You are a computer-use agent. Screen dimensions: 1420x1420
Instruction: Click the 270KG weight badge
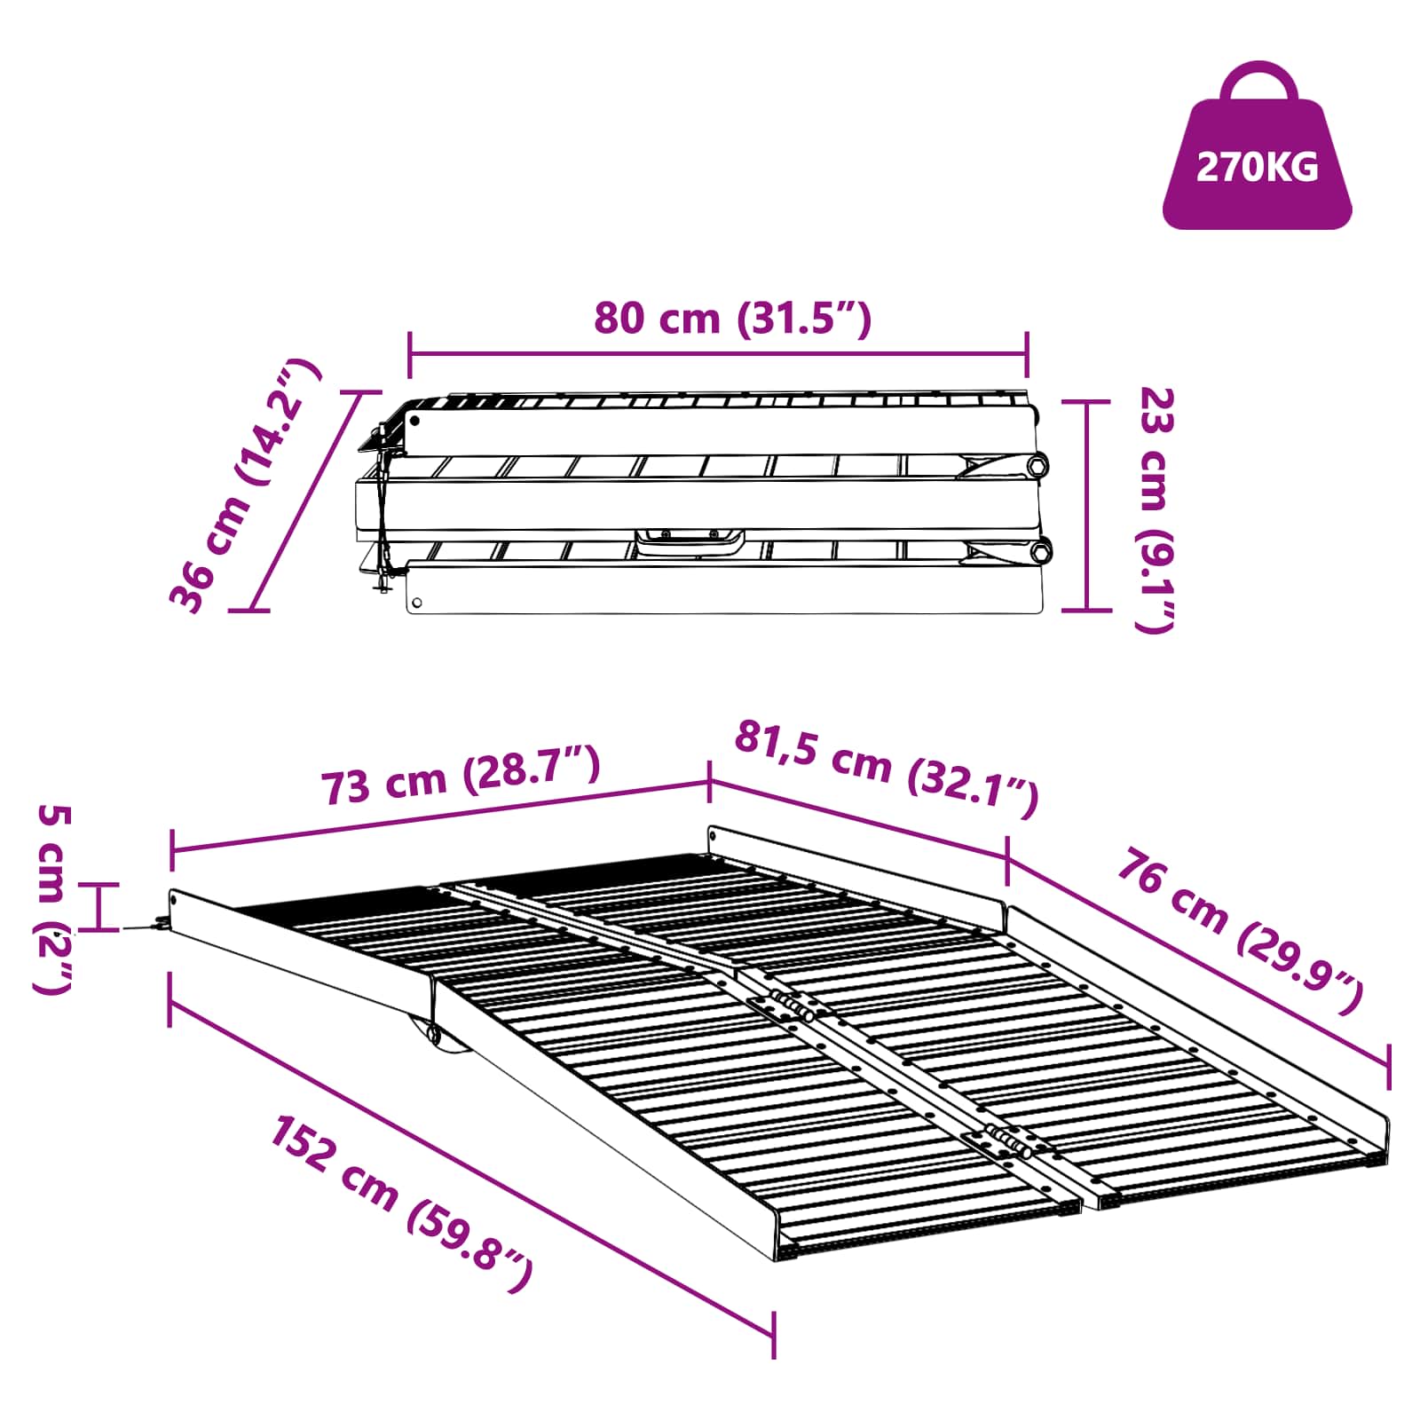tap(1257, 165)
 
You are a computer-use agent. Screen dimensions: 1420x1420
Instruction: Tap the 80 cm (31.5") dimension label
tap(732, 318)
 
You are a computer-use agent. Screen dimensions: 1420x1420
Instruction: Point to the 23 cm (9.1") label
tap(1156, 509)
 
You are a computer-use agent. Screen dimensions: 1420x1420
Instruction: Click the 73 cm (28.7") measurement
tap(460, 774)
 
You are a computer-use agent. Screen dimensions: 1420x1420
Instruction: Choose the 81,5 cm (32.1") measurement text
tap(886, 769)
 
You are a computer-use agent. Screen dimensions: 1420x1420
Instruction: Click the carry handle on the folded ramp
tap(690, 541)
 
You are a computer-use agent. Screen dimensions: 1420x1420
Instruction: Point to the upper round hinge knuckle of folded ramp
tap(1037, 464)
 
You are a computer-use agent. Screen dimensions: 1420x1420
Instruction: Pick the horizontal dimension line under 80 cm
tap(719, 354)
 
